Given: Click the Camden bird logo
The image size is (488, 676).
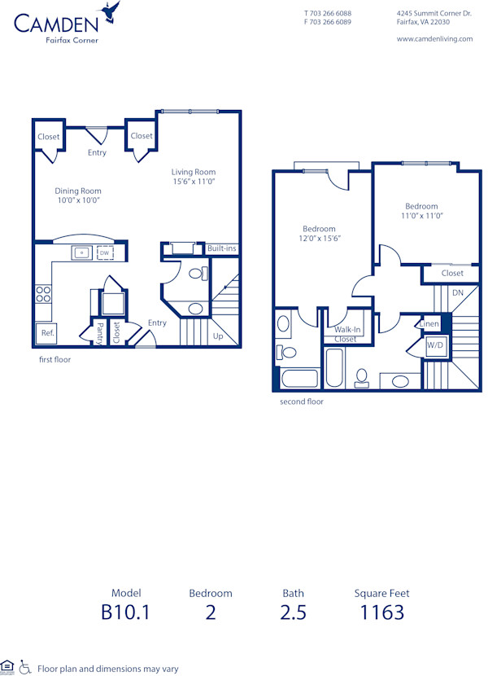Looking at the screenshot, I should point(110,11).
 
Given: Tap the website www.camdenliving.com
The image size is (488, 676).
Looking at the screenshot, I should point(434,39).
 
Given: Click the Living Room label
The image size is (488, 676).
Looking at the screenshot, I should point(193,172).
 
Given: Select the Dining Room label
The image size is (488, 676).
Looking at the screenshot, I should point(78,191).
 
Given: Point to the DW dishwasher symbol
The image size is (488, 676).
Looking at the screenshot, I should point(104,253).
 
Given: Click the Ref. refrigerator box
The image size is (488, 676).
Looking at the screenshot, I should point(47,333).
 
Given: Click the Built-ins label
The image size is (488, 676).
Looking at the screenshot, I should point(221,248).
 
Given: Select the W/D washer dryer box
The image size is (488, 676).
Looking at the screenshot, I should point(436,345).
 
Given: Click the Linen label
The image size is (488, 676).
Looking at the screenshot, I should point(429,324).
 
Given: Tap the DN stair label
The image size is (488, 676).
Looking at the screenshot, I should point(458,292).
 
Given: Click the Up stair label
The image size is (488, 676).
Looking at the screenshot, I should point(217,336).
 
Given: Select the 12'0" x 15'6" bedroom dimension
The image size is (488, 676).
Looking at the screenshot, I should point(319,239).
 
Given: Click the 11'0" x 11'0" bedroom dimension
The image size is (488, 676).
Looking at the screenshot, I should point(421,216).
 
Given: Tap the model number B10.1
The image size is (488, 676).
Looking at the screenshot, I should point(126,612).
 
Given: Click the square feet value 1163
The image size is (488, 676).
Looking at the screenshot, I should point(381,612).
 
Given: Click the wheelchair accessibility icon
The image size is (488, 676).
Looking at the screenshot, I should point(24,666).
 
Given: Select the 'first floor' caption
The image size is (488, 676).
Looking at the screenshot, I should point(54,359).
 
